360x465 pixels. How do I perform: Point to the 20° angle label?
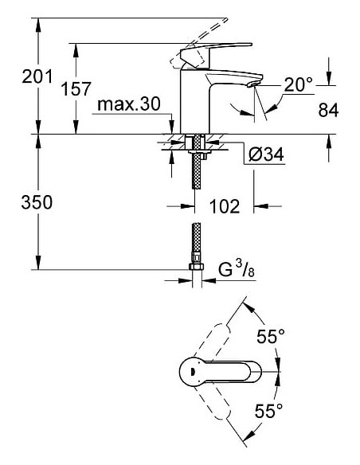pos(299,82)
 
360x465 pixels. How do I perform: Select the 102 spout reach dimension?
pos(225,206)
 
